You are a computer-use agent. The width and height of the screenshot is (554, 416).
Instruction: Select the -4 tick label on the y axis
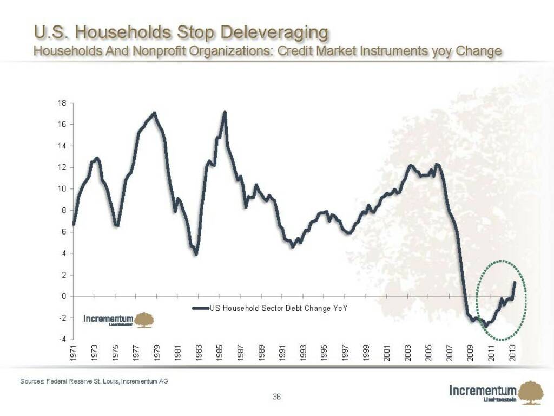click(x=62, y=339)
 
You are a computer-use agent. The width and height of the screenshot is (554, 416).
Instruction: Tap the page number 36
click(x=276, y=397)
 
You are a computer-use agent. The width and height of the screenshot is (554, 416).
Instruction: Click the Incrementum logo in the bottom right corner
click(x=490, y=392)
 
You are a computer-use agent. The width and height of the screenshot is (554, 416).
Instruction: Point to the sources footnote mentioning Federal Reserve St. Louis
click(x=94, y=381)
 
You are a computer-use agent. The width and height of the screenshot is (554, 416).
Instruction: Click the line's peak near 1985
click(x=225, y=112)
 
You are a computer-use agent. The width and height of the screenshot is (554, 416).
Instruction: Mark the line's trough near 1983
click(x=196, y=254)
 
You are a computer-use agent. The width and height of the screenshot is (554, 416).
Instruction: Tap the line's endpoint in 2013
click(x=515, y=282)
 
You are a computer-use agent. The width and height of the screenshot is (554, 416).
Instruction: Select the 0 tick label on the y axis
click(x=64, y=296)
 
